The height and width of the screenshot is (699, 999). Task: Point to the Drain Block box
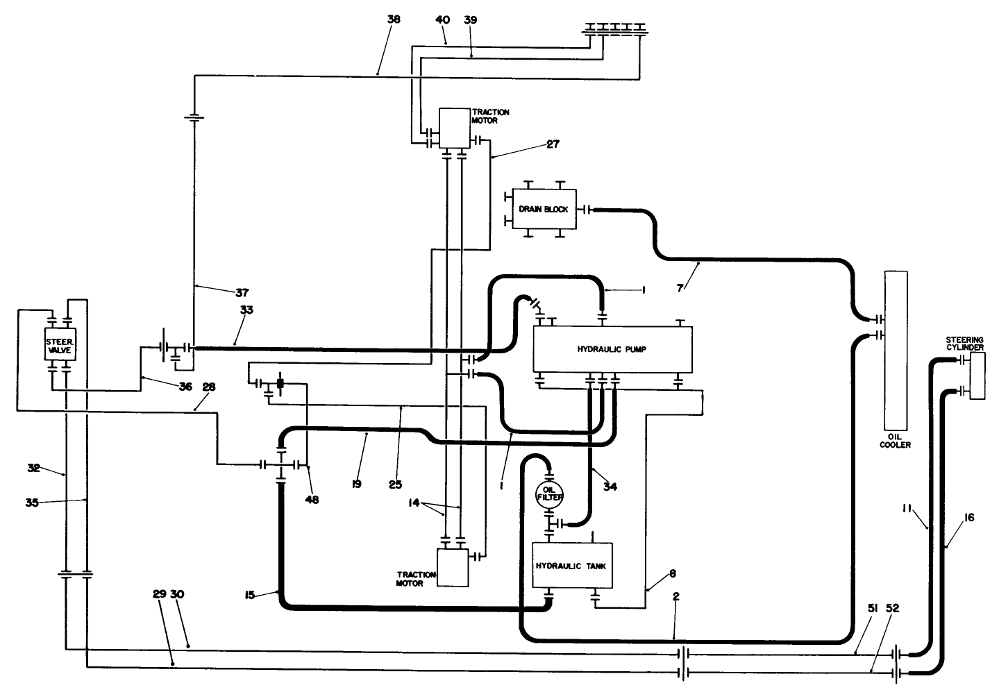pyautogui.click(x=544, y=209)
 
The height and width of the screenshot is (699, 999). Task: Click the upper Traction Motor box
pyautogui.click(x=455, y=128)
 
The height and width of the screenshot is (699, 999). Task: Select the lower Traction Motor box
pyautogui.click(x=453, y=567)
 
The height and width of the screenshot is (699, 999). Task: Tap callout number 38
pyautogui.click(x=394, y=20)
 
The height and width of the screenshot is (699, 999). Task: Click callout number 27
pyautogui.click(x=553, y=144)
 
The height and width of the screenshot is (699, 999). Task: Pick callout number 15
pyautogui.click(x=250, y=594)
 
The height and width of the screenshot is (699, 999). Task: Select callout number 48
pyautogui.click(x=312, y=499)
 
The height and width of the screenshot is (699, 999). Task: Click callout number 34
pyautogui.click(x=610, y=487)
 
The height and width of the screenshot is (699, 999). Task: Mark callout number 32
pyautogui.click(x=34, y=468)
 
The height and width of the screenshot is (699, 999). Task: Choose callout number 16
pyautogui.click(x=969, y=517)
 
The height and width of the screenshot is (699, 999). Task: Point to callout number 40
pyautogui.click(x=442, y=20)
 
